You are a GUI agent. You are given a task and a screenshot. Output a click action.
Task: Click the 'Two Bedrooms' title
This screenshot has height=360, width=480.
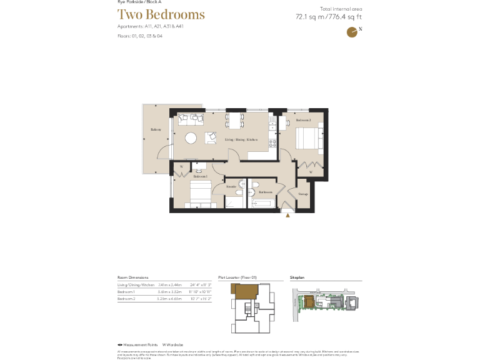pos(161,15)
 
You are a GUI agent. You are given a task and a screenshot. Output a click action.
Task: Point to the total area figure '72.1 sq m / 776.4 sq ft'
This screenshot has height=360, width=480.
pos(328,17)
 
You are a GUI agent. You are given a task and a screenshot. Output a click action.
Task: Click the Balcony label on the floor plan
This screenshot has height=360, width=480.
pos(156,129)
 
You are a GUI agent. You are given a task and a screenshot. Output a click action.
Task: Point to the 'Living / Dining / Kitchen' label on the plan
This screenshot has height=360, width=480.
pos(241,139)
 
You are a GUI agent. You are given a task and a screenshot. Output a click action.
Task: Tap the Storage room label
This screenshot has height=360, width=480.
pos(302,194)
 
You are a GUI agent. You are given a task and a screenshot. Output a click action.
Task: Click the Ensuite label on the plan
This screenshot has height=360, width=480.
pos(231,186)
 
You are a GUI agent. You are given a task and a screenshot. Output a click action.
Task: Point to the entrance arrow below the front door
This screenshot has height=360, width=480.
pos(288,216)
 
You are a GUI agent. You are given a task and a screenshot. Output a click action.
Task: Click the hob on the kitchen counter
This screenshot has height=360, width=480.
pos(272,143)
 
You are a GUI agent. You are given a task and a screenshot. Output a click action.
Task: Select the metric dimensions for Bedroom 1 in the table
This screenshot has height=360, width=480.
pos(169,292)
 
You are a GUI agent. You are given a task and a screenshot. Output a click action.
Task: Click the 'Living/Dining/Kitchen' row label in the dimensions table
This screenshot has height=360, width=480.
pos(136,284)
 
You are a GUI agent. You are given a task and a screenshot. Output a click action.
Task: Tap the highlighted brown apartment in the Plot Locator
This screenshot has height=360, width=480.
pos(245,291)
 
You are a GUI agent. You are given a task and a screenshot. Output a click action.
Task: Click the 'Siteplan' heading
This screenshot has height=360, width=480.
pos(296,276)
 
